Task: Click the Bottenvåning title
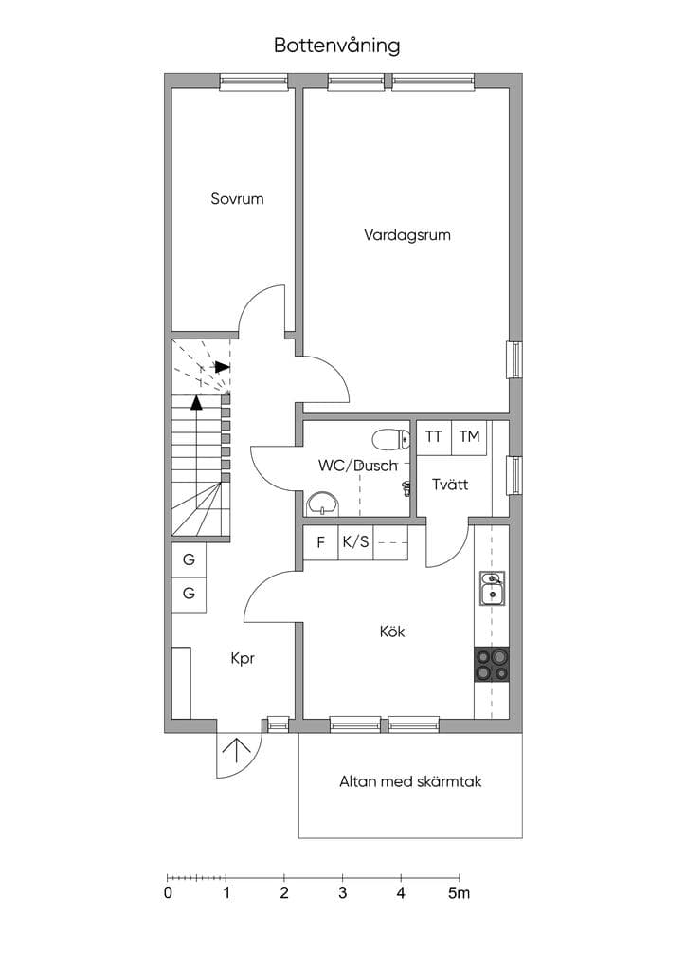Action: (x=337, y=46)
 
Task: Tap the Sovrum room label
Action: (x=237, y=199)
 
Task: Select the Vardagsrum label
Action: (x=407, y=235)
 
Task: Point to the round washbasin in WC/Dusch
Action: (x=322, y=503)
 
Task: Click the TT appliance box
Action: (x=434, y=437)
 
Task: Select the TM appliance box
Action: (x=470, y=437)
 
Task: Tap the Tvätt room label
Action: (x=450, y=485)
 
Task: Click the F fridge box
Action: (x=320, y=542)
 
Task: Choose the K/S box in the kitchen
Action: (x=355, y=542)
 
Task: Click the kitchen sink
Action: (x=493, y=588)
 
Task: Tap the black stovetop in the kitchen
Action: (x=492, y=665)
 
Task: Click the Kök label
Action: (x=392, y=632)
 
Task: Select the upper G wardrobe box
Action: (x=189, y=559)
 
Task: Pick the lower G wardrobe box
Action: (x=189, y=595)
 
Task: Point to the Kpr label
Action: (x=243, y=659)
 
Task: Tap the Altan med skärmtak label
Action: (x=410, y=781)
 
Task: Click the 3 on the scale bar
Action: (x=343, y=893)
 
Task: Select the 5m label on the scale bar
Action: (x=459, y=893)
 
